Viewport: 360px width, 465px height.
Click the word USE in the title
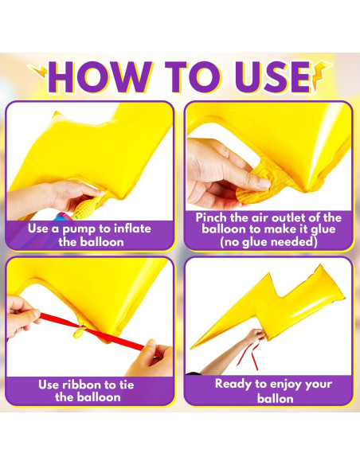273,77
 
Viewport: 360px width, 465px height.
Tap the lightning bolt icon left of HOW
38,71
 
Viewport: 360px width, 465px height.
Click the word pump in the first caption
79,229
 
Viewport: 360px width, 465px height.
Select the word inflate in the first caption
132,229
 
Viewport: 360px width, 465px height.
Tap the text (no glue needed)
268,242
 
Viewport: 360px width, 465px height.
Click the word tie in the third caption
127,385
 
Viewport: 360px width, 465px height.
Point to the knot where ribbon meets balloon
80,330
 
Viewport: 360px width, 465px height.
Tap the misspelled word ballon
276,398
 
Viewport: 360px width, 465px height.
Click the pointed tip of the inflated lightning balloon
191,348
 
